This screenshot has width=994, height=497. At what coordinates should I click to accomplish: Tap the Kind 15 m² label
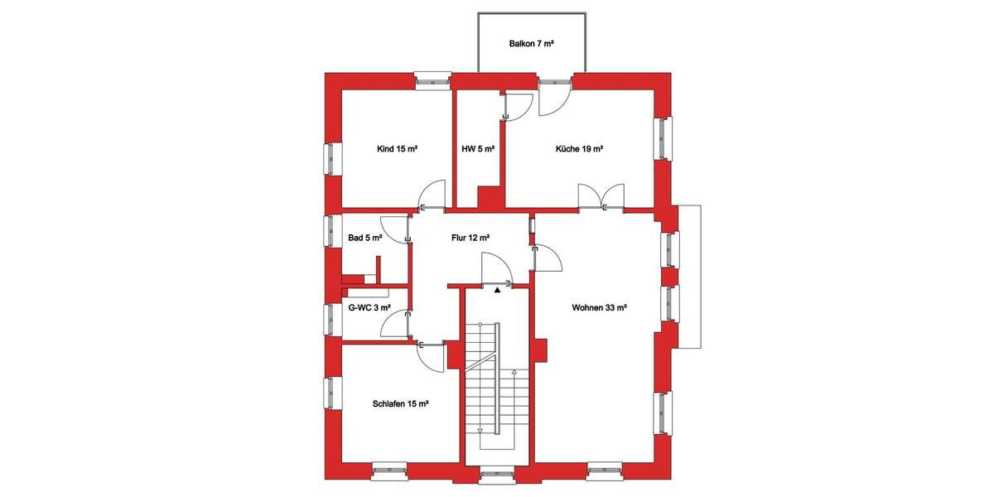tap(397, 150)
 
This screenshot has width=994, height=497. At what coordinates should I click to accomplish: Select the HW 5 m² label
tap(478, 150)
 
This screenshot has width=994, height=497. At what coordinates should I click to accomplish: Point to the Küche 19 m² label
tap(579, 150)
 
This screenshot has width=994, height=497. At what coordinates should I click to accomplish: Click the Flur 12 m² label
tap(470, 238)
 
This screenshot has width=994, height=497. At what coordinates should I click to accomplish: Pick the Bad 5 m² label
tap(365, 238)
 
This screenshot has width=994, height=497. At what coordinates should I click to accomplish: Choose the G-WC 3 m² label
tap(369, 307)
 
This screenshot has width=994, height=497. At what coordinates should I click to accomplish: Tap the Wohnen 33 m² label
tap(599, 307)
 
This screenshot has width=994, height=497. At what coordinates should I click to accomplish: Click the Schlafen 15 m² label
tap(400, 403)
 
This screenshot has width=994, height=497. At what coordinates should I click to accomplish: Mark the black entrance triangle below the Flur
tap(497, 291)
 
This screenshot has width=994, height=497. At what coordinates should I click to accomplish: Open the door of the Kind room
tap(432, 196)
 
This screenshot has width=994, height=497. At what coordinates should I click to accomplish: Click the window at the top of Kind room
tap(432, 81)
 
